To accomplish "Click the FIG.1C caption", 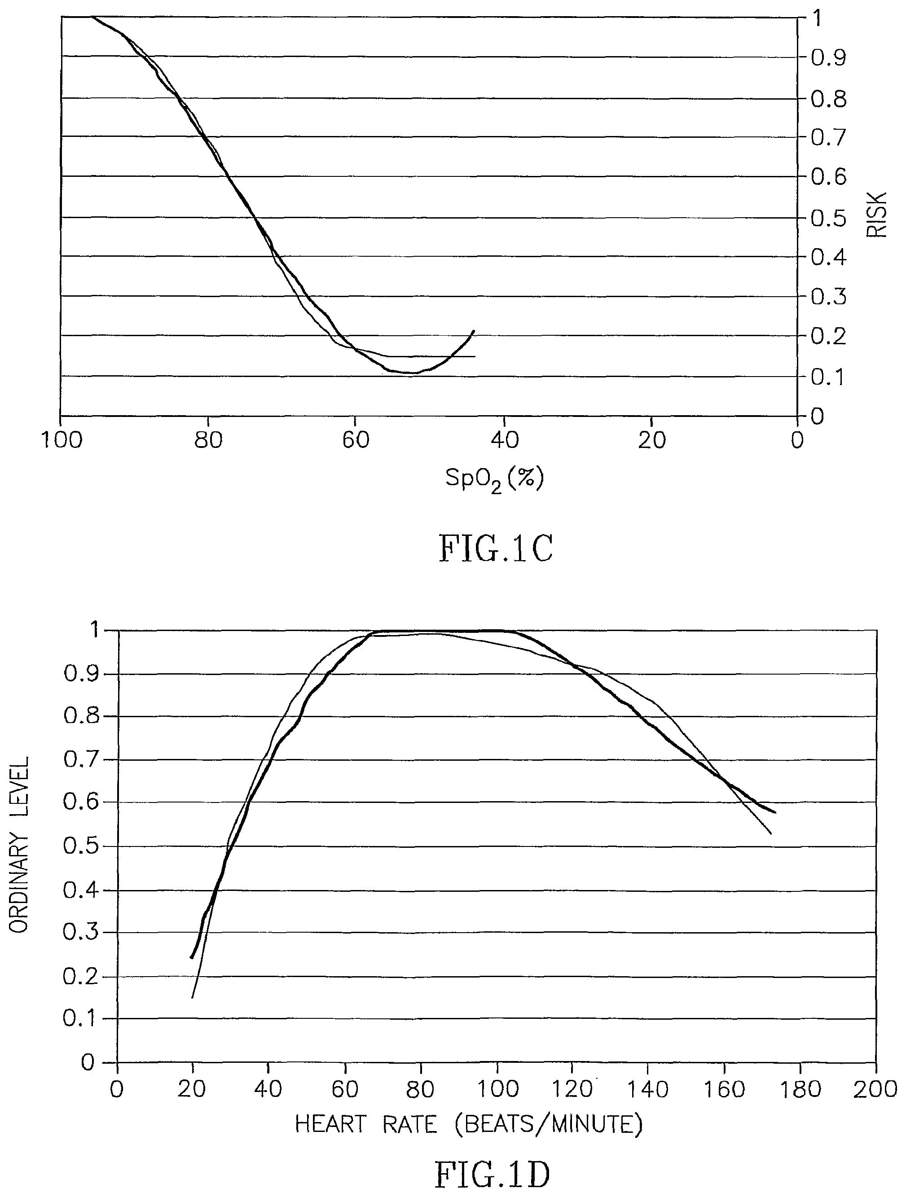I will (495, 549).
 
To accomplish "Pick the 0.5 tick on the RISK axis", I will (828, 218).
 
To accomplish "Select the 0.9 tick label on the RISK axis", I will (828, 57).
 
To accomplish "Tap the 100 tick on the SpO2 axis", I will (62, 440).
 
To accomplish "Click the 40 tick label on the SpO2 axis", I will (505, 440).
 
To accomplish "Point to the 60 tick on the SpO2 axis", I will (356, 440).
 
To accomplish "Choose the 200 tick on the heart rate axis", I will (875, 1089).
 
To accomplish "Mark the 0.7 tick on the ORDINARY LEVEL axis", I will (82, 760).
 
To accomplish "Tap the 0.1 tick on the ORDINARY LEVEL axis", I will (82, 1018).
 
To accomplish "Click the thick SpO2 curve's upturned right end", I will (473, 331).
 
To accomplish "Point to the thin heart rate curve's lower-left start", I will (192, 997).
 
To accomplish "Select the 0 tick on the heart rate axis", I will (117, 1089).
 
